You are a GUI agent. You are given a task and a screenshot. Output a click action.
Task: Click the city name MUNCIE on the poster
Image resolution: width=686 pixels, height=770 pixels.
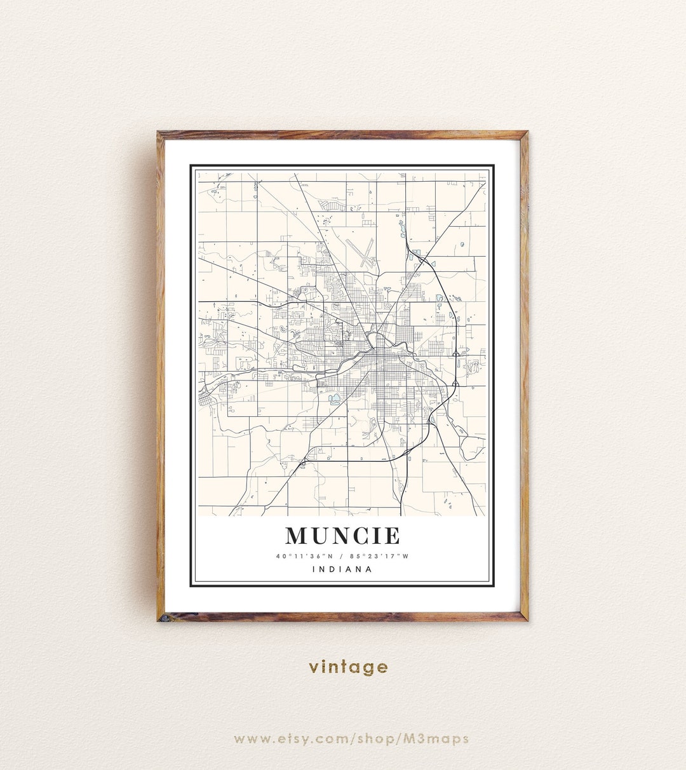pyautogui.click(x=342, y=536)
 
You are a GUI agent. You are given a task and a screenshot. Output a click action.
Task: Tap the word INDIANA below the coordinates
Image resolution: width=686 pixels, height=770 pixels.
pyautogui.click(x=342, y=569)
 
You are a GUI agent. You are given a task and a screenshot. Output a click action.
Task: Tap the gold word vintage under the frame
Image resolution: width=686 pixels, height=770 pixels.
pyautogui.click(x=348, y=666)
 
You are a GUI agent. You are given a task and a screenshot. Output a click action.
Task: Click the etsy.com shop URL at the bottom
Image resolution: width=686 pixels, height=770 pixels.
pyautogui.click(x=351, y=738)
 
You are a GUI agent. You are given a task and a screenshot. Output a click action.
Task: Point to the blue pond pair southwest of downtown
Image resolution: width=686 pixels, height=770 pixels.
pyautogui.click(x=334, y=400)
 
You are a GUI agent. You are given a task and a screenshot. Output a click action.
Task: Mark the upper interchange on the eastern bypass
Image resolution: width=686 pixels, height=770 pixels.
pyautogui.click(x=455, y=353)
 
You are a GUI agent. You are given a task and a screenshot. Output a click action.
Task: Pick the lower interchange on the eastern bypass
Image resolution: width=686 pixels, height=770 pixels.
pyautogui.click(x=455, y=384)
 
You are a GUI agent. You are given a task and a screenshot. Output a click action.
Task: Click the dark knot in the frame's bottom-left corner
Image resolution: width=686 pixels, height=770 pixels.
pyautogui.click(x=163, y=616)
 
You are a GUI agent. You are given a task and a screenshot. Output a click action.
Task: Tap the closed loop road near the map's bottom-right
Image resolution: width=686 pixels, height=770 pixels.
pyautogui.click(x=473, y=448)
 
